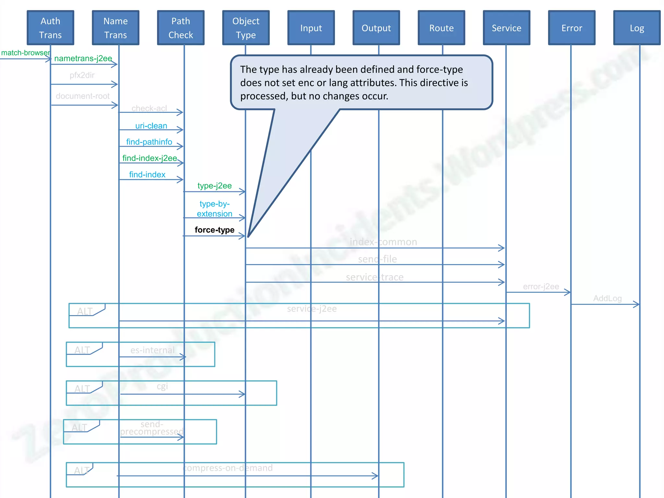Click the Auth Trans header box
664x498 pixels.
(x=50, y=28)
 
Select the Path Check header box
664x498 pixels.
(x=181, y=28)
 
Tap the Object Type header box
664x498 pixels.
(x=246, y=28)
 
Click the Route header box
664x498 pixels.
(x=441, y=28)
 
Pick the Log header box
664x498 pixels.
(x=637, y=28)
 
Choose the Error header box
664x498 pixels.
(x=572, y=28)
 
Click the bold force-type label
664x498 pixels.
(x=214, y=230)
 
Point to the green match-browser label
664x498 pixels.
(x=25, y=53)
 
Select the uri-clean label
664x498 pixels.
(x=151, y=126)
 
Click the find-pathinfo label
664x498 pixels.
(x=149, y=142)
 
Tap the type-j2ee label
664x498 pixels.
(x=215, y=186)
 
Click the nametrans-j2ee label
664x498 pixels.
(x=83, y=58)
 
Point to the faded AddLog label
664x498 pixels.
(x=607, y=298)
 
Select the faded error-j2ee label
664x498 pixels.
(x=541, y=287)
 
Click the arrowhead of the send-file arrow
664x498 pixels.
(x=502, y=265)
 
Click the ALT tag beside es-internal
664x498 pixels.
(x=82, y=350)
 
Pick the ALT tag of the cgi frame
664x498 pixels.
(x=82, y=389)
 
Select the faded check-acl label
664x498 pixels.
(x=149, y=108)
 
